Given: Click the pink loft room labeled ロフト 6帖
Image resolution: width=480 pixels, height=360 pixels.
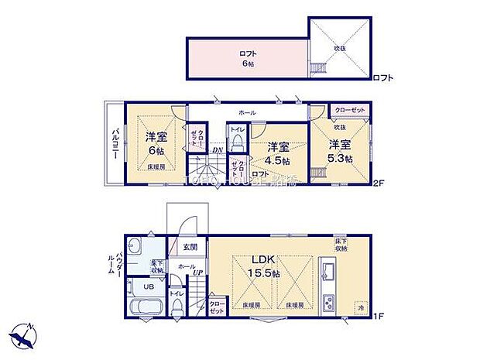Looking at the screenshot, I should coord(246,57).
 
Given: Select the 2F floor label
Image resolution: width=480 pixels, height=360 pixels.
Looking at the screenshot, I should coord(379,184).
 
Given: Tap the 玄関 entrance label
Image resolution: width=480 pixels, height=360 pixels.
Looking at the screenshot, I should coord(190,247).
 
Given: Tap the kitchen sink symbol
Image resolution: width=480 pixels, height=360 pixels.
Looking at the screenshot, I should coord(326,273).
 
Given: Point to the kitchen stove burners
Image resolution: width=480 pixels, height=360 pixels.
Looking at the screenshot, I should coord(326,300).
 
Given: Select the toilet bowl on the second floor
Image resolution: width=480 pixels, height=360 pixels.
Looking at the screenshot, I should coord(238,145).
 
